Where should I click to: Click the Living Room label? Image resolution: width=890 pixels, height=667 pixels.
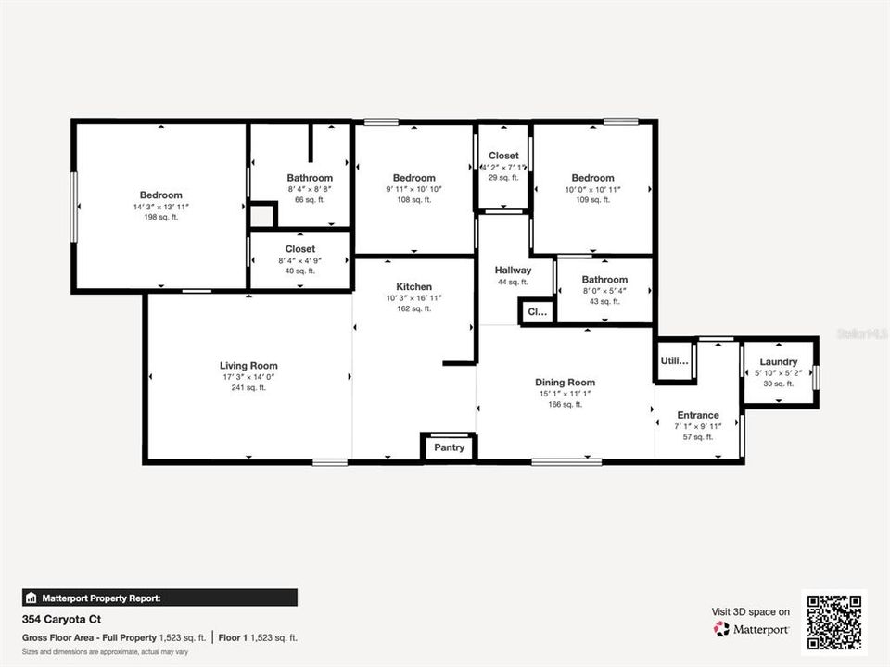pyautogui.click(x=248, y=366)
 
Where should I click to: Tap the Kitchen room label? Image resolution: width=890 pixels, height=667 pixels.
pyautogui.click(x=413, y=287)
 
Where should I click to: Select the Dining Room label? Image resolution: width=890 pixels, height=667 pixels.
pyautogui.click(x=565, y=383)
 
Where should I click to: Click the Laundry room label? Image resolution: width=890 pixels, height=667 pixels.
pyautogui.click(x=779, y=362)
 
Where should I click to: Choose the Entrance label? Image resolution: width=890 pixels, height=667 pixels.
pyautogui.click(x=698, y=415)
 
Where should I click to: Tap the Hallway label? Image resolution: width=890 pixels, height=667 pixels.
pyautogui.click(x=512, y=270)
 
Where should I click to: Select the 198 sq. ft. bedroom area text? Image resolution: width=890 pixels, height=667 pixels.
pyautogui.click(x=161, y=217)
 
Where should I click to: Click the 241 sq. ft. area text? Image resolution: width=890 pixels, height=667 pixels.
pyautogui.click(x=248, y=387)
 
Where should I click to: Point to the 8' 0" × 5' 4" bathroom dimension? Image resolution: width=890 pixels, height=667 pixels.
pyautogui.click(x=604, y=291)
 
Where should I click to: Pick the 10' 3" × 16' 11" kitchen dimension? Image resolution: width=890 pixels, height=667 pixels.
pyautogui.click(x=413, y=298)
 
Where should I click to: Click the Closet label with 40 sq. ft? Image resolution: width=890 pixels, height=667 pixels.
pyautogui.click(x=300, y=249)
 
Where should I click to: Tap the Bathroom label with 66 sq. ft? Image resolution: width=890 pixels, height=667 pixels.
pyautogui.click(x=310, y=178)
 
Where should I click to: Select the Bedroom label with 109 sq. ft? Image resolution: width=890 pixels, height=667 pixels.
pyautogui.click(x=592, y=178)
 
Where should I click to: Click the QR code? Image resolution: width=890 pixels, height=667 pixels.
pyautogui.click(x=834, y=623)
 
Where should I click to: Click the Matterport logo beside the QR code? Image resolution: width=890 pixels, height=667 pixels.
pyautogui.click(x=751, y=629)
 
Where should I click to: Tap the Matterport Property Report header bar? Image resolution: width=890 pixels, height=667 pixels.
pyautogui.click(x=159, y=598)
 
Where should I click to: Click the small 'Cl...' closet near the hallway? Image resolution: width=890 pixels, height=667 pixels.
pyautogui.click(x=538, y=313)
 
